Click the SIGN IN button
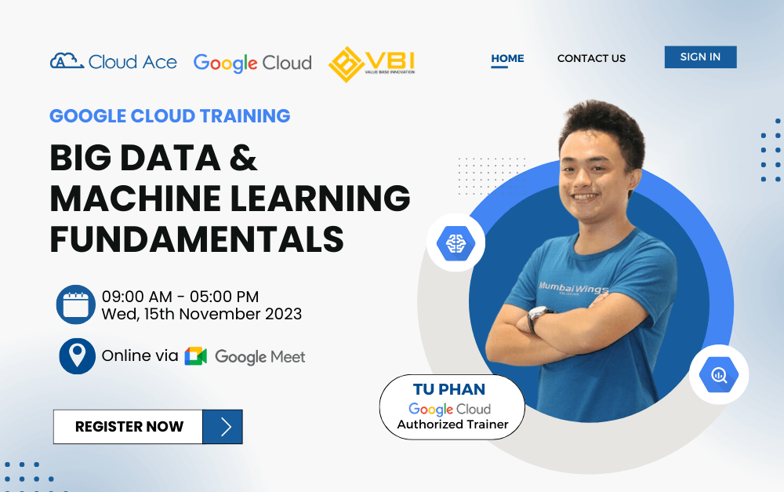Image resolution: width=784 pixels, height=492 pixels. pos(700,57)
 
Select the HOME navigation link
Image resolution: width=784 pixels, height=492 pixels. pos(507,58)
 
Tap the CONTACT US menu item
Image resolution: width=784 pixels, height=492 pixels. pos(591,58)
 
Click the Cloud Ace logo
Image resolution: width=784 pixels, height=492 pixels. pos(114,62)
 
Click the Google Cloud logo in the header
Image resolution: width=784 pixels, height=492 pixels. pos(252,63)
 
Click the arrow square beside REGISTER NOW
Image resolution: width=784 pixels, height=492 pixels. pos(223,427)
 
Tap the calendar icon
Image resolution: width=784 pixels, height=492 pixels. pos(76,305)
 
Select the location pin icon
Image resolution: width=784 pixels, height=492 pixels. pos(77,356)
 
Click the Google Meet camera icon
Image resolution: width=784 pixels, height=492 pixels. pos(195,356)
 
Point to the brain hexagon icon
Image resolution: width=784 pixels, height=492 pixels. pos(456,244)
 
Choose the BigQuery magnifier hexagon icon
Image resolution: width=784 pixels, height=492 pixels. pos(718,375)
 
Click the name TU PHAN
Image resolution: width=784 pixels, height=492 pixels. pos(449,390)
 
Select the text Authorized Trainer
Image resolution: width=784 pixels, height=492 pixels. pos(452,425)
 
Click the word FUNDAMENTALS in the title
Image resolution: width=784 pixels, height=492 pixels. pos(197,239)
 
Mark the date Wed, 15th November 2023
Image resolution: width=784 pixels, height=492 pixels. pos(201,314)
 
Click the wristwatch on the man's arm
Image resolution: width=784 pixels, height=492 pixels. pos(539,317)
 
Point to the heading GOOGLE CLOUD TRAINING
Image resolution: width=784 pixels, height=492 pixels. pos(170,116)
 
